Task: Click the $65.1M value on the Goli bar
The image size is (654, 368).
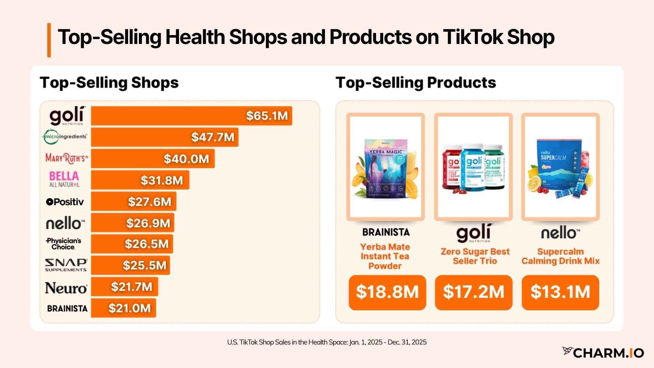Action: tap(267, 116)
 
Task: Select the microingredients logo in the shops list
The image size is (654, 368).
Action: tap(65, 137)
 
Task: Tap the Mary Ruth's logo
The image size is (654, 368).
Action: tap(66, 158)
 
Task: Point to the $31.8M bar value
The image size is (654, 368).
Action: tap(162, 180)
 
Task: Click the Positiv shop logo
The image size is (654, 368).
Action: tap(65, 202)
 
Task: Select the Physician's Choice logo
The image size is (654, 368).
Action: tap(64, 244)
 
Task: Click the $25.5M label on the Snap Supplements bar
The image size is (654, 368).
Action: tap(144, 265)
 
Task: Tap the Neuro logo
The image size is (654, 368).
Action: tap(66, 288)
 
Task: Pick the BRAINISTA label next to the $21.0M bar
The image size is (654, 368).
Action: tap(67, 308)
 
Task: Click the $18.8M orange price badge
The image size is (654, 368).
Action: tap(387, 292)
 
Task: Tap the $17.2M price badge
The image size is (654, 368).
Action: tap(473, 292)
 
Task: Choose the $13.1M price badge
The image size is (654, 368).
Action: tap(560, 292)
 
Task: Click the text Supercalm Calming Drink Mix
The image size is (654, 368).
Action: tap(560, 256)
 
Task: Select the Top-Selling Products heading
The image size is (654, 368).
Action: tap(416, 82)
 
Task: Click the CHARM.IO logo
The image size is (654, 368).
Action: tap(603, 353)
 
